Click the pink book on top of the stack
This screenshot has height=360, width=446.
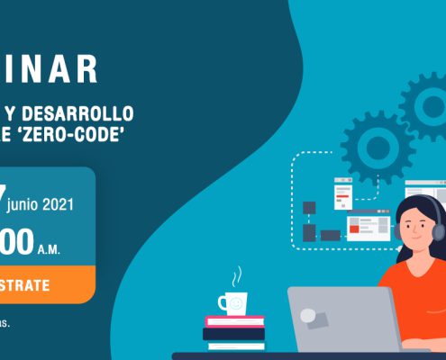click(234, 321)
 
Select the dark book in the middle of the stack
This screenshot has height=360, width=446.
click(233, 333)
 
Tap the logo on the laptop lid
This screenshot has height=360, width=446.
click(308, 316)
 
